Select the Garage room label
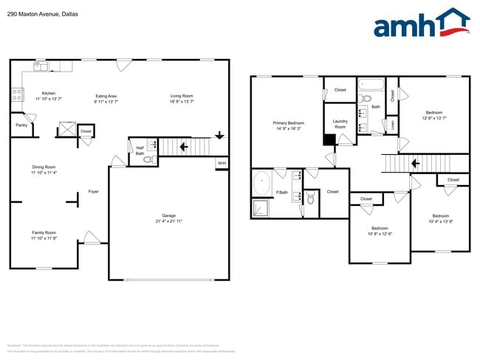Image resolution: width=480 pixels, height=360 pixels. (x=168, y=218)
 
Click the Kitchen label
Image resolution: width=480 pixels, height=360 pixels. (x=48, y=94)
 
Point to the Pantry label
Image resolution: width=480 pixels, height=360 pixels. (x=21, y=125)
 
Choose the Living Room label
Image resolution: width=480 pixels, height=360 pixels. (x=182, y=96)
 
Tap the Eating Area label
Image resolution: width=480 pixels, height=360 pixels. (x=106, y=96)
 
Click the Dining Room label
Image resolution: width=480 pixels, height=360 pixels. (x=44, y=167)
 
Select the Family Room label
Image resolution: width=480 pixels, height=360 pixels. (x=44, y=233)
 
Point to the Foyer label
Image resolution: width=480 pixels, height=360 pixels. (x=94, y=192)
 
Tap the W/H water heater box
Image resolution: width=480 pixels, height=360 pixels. (x=222, y=163)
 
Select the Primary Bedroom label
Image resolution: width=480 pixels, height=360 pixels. (x=289, y=122)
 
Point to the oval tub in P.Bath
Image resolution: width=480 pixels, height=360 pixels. (x=262, y=181)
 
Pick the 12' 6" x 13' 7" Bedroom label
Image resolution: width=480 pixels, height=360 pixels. (x=433, y=113)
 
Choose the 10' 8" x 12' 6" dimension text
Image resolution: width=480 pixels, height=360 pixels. (x=380, y=233)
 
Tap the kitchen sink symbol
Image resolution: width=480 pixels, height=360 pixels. (x=40, y=67)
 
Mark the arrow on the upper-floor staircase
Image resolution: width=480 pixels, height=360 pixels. (x=415, y=164)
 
